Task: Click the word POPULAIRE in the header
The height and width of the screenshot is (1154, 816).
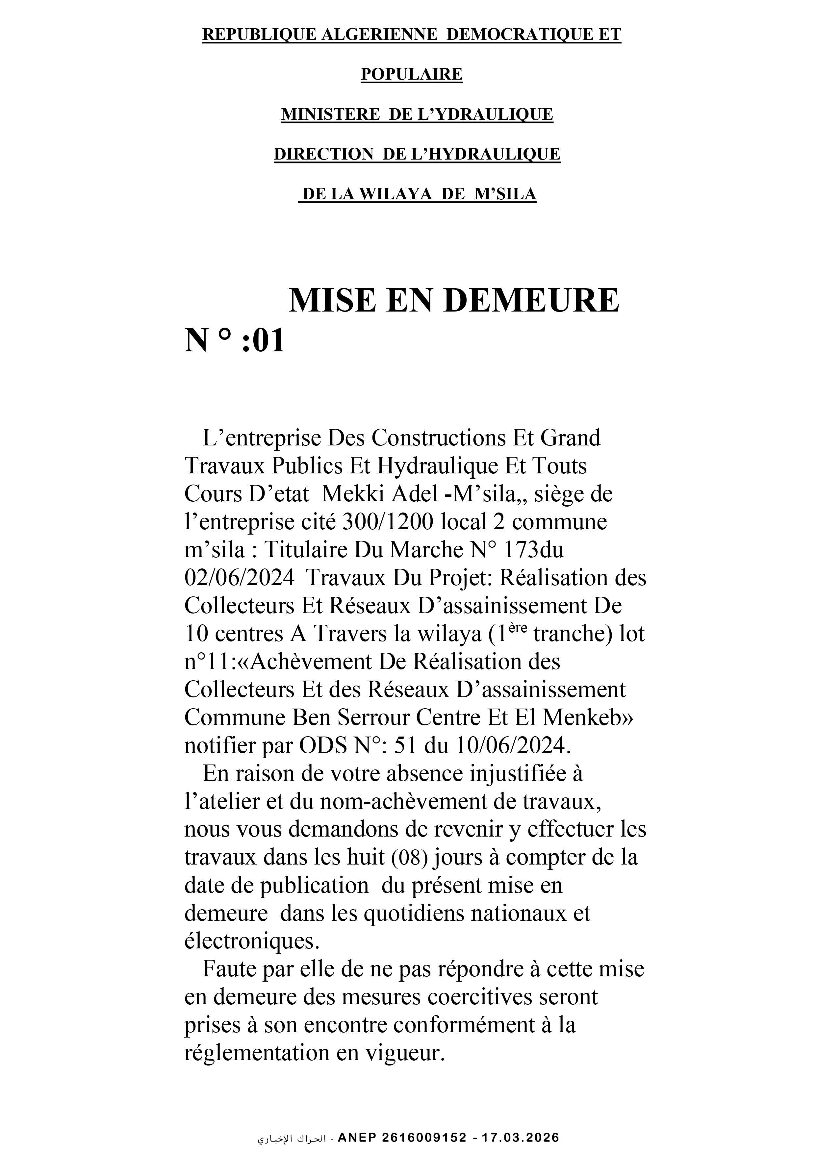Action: [x=411, y=74]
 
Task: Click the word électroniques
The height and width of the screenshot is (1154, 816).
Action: [x=252, y=941]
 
